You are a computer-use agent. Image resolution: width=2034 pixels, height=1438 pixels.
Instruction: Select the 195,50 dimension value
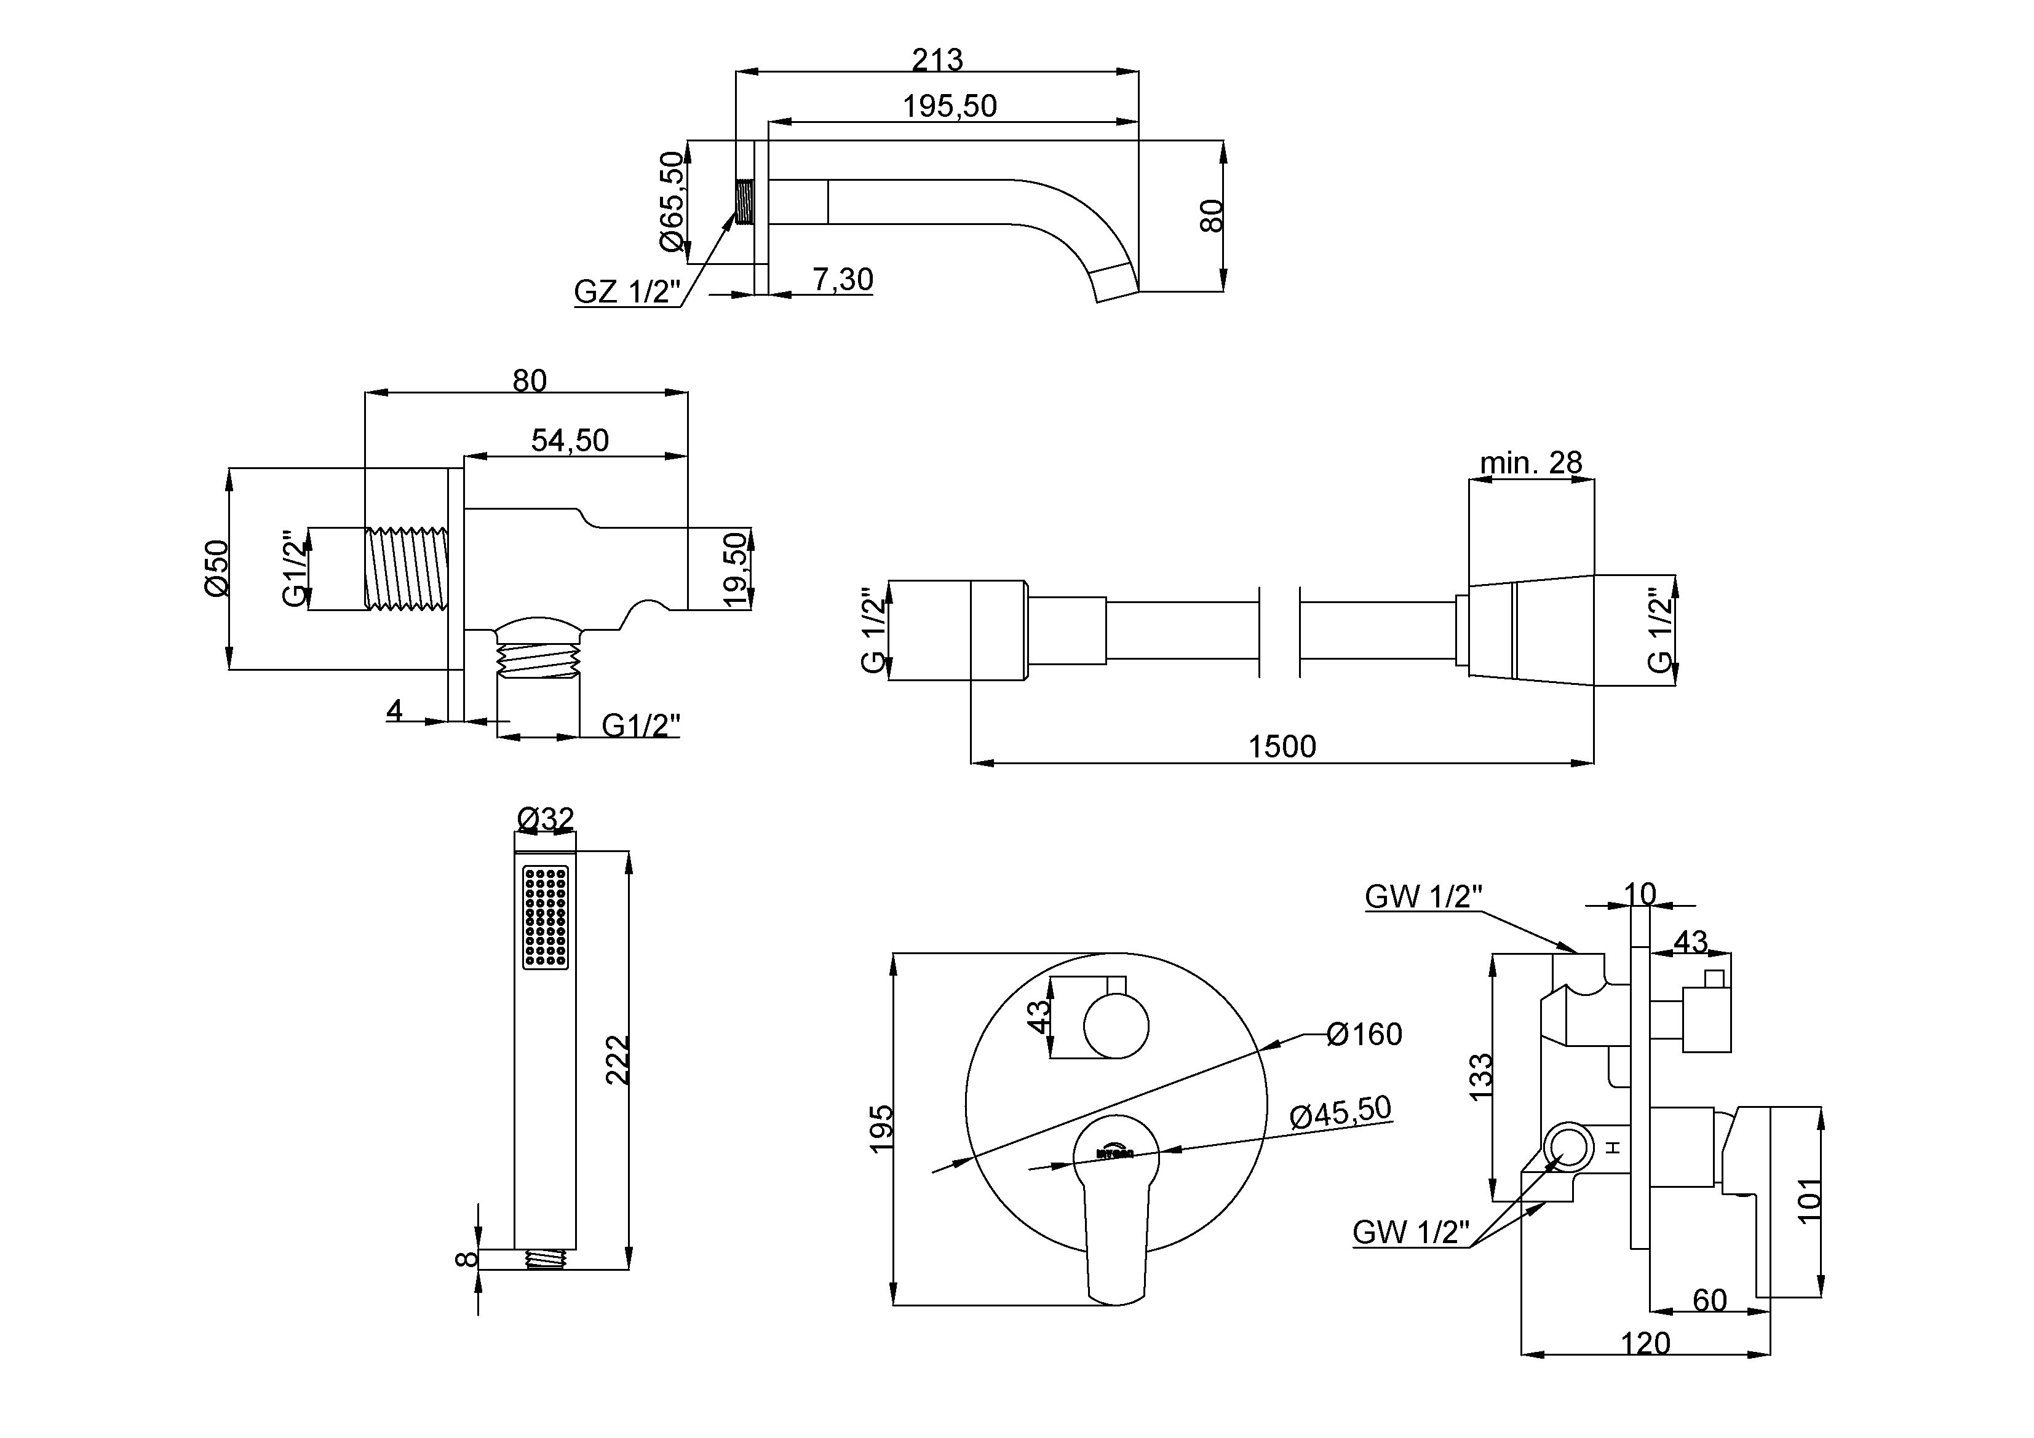click(x=950, y=106)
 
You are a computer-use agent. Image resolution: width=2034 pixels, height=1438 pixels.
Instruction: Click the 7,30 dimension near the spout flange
click(x=843, y=280)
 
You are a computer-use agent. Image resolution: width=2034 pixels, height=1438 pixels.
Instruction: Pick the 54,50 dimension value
click(x=570, y=440)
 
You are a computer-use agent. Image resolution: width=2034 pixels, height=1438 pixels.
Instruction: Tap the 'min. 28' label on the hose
click(x=1531, y=462)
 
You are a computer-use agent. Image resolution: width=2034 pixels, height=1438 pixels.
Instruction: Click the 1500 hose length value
click(x=1282, y=746)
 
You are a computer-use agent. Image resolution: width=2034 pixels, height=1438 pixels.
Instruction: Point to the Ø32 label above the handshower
click(x=546, y=819)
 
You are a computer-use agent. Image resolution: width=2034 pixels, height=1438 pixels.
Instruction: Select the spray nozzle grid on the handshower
click(x=545, y=917)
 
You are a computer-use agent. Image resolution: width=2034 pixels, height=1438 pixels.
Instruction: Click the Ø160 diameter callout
click(x=1364, y=1034)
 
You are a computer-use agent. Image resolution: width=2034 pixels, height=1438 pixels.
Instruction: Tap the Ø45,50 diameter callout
click(x=1340, y=1112)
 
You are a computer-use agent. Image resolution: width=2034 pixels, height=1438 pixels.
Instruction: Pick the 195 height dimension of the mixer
click(x=881, y=1128)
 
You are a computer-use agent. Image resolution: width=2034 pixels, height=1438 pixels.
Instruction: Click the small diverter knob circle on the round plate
click(x=1116, y=1026)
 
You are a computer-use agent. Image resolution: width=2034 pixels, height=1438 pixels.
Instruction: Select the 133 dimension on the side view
click(x=1481, y=1077)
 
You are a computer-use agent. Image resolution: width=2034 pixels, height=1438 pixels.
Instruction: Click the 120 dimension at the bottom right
click(x=1645, y=1343)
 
